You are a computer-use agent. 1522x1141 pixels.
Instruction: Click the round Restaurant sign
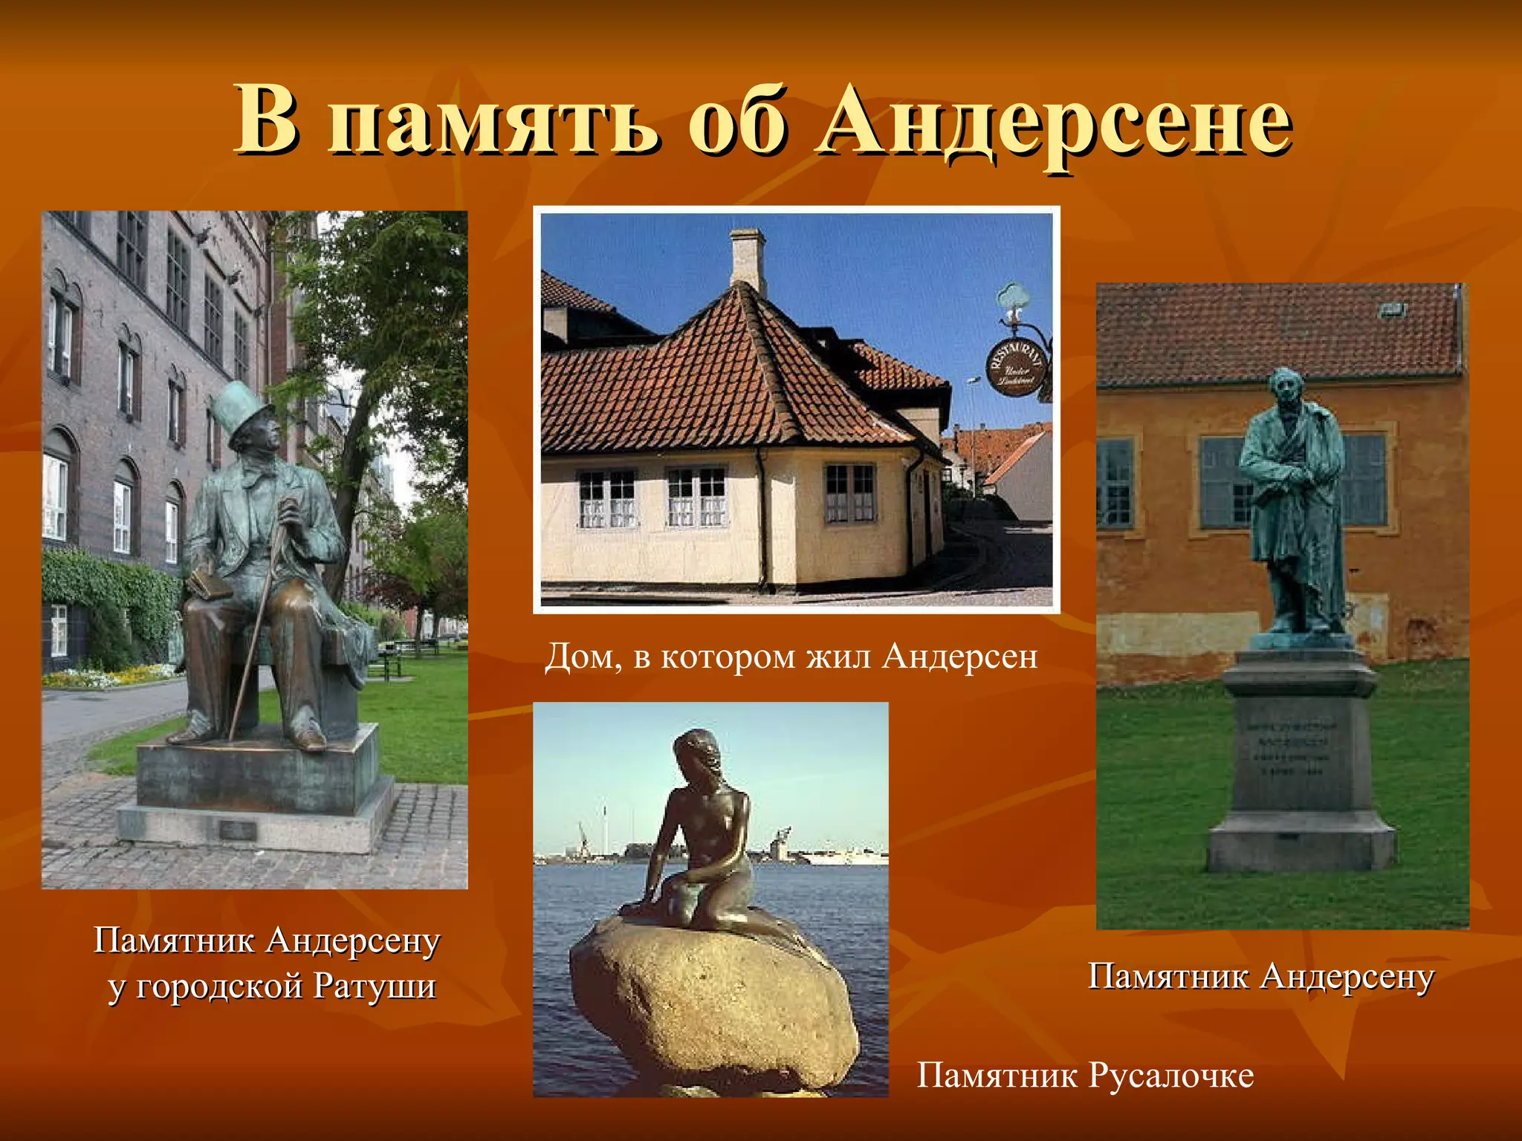[1016, 366]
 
